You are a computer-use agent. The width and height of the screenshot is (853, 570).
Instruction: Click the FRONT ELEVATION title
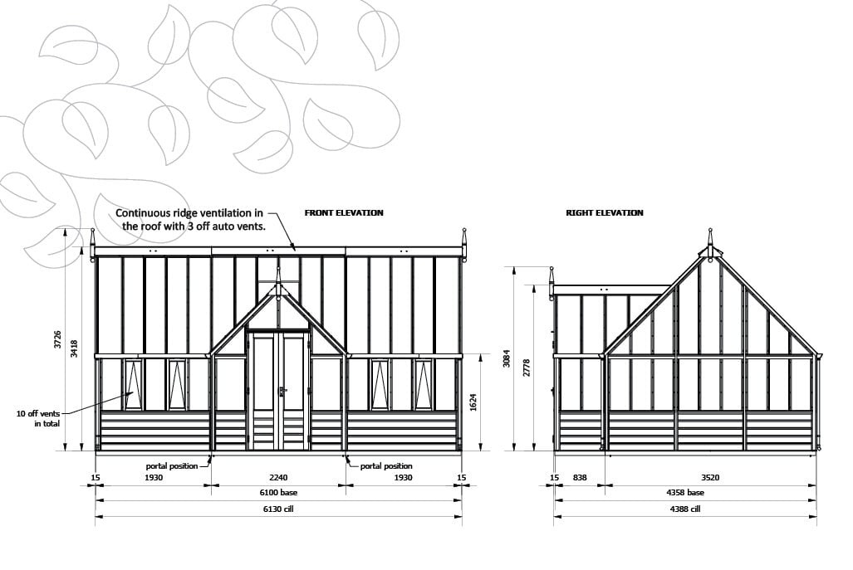(x=344, y=213)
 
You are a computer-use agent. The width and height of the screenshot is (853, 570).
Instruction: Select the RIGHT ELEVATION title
(x=605, y=213)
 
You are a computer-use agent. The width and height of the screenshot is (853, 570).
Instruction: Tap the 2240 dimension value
(x=278, y=478)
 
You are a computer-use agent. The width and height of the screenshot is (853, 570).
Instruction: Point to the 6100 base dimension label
(x=278, y=493)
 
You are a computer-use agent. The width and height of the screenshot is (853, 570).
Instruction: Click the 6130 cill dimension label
(x=278, y=509)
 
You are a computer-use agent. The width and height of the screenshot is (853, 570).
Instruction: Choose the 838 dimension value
(x=580, y=478)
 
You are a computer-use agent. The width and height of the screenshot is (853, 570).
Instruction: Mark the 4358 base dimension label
(x=684, y=493)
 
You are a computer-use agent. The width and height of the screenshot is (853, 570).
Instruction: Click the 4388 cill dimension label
(x=684, y=509)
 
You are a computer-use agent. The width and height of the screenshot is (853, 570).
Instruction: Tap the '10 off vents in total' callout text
(x=37, y=417)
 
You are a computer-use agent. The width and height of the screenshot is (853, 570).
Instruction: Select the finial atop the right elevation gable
(x=710, y=236)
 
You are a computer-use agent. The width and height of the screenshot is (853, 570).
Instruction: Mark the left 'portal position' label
(x=172, y=466)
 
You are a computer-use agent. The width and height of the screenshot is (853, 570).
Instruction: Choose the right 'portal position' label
(x=386, y=466)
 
